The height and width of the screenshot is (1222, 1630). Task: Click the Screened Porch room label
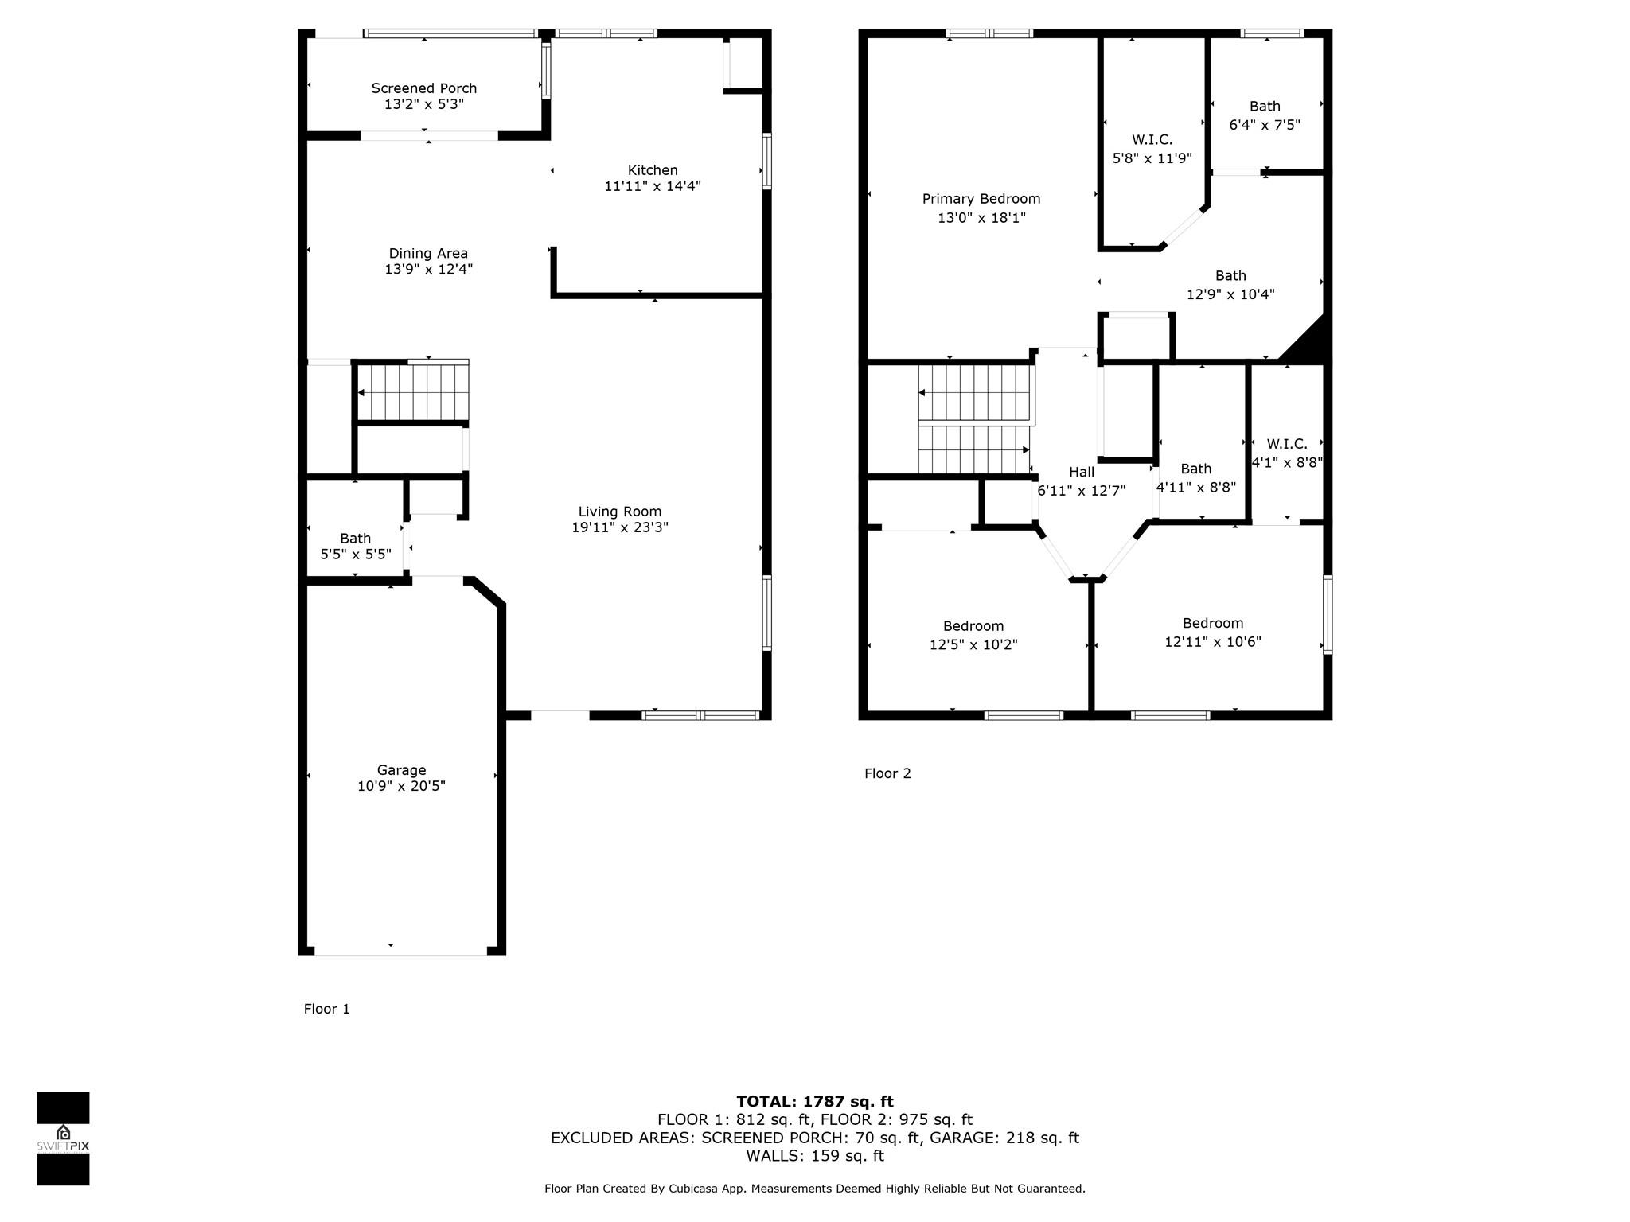pos(424,88)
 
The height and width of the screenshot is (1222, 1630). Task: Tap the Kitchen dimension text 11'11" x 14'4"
pos(653,186)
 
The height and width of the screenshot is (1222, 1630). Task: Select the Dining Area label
pos(428,254)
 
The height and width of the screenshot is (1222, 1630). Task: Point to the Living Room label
pos(620,512)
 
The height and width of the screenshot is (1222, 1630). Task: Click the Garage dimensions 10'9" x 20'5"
pos(401,786)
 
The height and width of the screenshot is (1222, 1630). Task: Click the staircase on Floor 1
pos(412,391)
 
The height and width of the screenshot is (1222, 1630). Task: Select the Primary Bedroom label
pos(981,199)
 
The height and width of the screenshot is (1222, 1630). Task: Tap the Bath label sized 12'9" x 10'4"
pos(1230,276)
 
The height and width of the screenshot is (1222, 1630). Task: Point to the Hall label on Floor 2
pos(1081,472)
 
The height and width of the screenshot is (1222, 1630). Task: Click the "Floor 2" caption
pos(887,773)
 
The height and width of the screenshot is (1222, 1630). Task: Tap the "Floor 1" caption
pos(326,1009)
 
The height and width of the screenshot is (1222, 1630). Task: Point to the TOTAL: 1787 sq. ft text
pos(815,1102)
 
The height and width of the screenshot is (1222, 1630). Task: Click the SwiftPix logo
pos(63,1138)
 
